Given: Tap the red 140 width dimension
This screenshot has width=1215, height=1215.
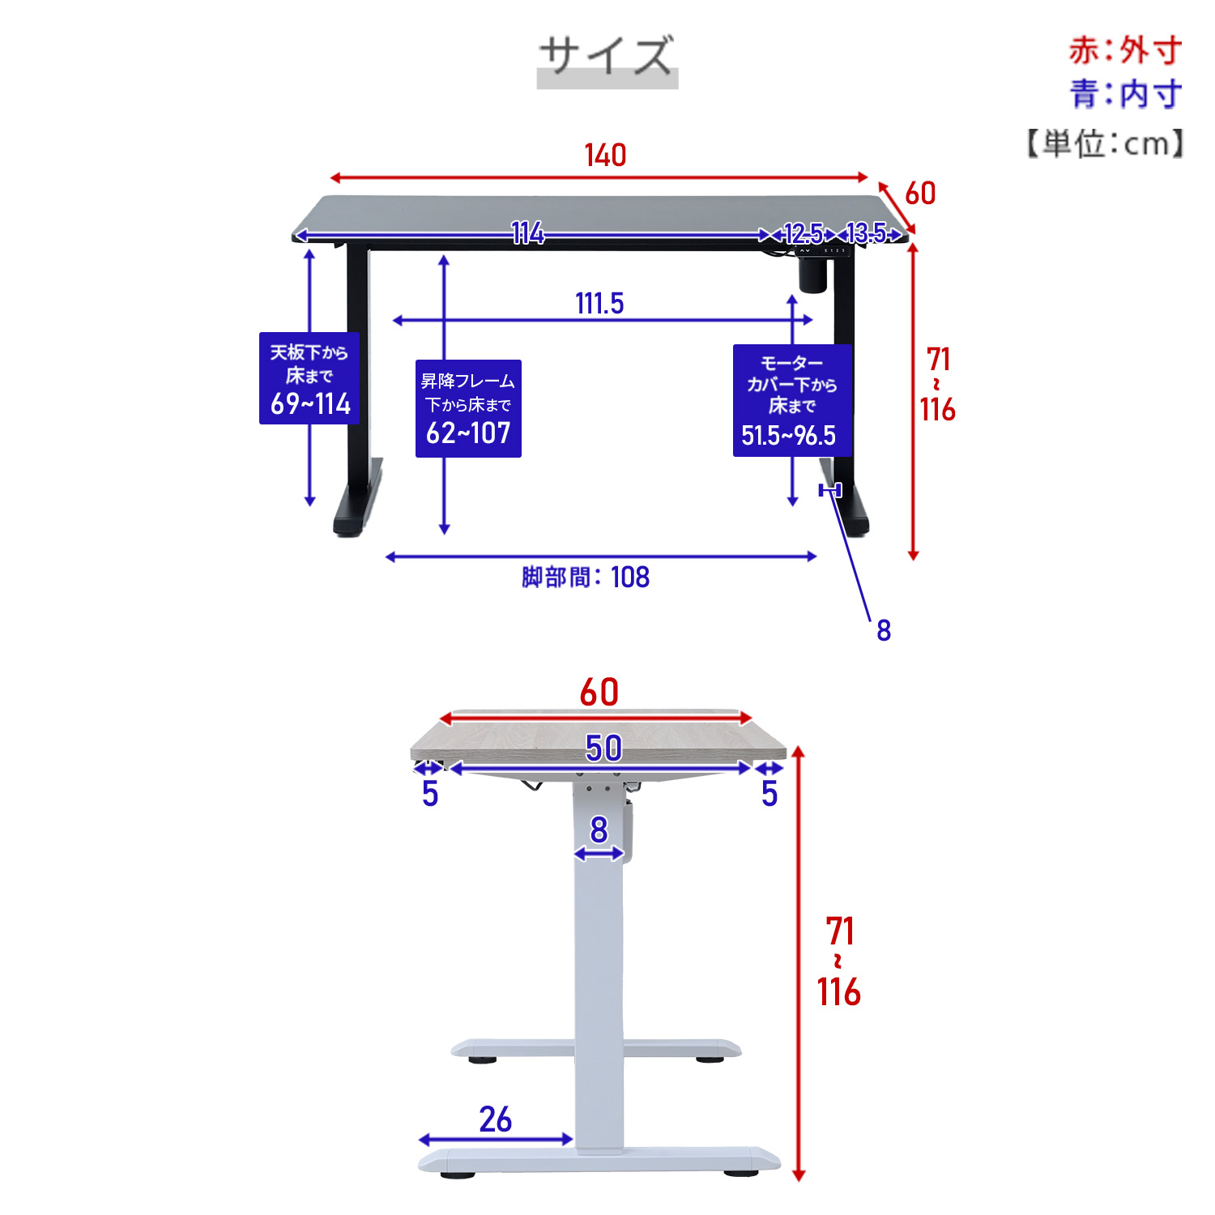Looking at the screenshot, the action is (x=605, y=155).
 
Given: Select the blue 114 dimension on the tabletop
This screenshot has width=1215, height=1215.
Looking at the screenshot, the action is (x=528, y=234).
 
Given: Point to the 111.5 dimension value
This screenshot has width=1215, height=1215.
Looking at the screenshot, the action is (x=599, y=304).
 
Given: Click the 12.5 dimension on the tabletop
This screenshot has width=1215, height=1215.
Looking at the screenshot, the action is (x=804, y=234).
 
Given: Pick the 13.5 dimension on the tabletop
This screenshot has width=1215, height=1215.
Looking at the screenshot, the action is (x=866, y=234).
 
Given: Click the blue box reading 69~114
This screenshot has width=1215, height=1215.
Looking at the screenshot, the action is (x=309, y=378).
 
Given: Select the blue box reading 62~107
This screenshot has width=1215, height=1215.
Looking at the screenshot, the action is (x=468, y=408).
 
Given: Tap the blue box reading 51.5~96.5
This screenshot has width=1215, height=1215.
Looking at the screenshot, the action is (x=792, y=400).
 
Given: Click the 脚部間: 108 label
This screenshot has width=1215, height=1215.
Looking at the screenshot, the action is (x=586, y=578).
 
